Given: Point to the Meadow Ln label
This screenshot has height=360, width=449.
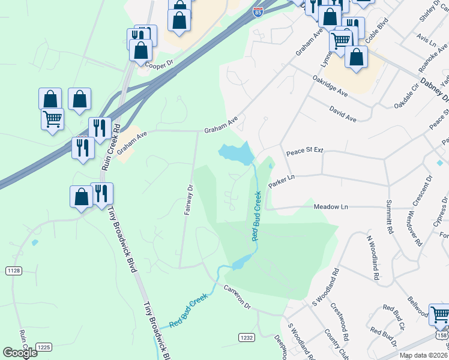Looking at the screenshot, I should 331,206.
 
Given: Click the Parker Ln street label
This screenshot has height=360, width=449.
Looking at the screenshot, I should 282,181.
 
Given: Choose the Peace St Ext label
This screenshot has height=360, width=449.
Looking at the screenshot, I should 304,152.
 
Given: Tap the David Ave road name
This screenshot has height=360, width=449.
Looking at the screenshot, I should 343,114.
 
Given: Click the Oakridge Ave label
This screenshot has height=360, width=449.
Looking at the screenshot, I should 330,86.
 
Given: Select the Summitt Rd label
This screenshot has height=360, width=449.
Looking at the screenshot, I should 390,217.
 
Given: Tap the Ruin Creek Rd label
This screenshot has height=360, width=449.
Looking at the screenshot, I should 110,147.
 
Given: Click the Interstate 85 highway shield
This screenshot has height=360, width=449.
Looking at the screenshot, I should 257,11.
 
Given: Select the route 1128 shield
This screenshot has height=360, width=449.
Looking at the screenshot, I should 14,271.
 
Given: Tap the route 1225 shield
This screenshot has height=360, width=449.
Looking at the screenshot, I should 43,347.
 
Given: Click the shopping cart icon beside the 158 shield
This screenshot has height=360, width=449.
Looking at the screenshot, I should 439,313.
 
